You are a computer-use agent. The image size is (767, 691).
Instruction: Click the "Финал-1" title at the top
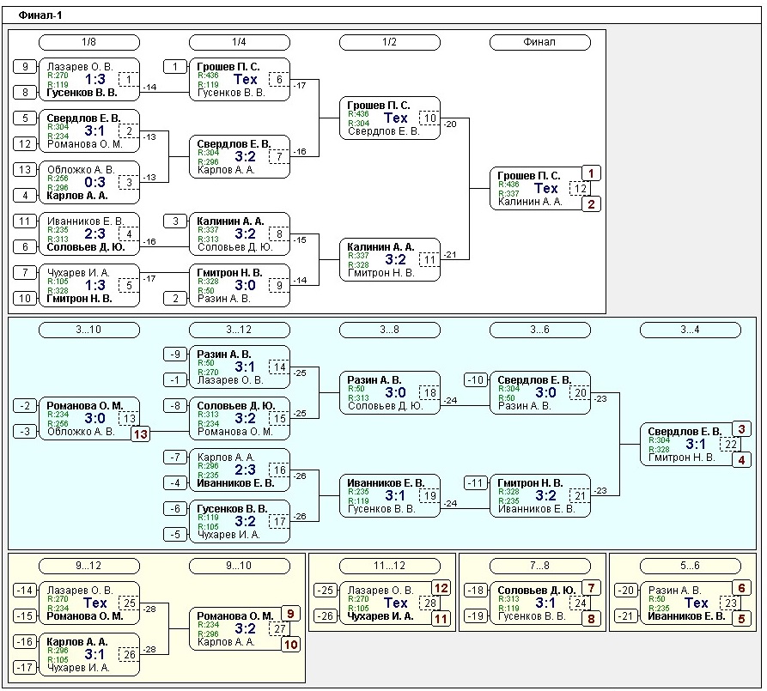coord(40,15)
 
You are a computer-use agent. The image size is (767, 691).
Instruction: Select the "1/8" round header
coord(88,42)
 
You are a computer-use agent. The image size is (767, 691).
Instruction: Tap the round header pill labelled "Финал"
coord(539,42)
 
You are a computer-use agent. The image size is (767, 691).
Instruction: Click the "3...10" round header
coord(88,330)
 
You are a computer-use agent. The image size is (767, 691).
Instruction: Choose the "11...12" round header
coord(389,566)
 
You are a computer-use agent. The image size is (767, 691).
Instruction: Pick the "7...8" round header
coord(539,566)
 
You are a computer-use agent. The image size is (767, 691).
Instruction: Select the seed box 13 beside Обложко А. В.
coord(25,170)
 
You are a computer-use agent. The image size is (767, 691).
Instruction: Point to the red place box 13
coord(140,434)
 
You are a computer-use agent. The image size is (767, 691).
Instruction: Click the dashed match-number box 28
coord(428,603)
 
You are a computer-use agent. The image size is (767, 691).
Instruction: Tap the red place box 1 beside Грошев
coord(591,173)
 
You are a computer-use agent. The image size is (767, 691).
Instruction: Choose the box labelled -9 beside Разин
coord(174,354)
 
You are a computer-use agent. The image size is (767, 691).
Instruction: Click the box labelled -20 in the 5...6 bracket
coord(626,590)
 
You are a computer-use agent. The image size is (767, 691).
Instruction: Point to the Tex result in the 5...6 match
coord(696,603)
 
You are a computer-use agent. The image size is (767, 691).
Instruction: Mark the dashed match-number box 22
coord(730,444)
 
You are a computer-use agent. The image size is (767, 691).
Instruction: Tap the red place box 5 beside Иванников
coord(742,618)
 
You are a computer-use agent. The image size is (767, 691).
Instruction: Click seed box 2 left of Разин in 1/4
coord(174,298)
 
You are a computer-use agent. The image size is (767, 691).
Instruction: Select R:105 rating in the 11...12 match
coord(354,609)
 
